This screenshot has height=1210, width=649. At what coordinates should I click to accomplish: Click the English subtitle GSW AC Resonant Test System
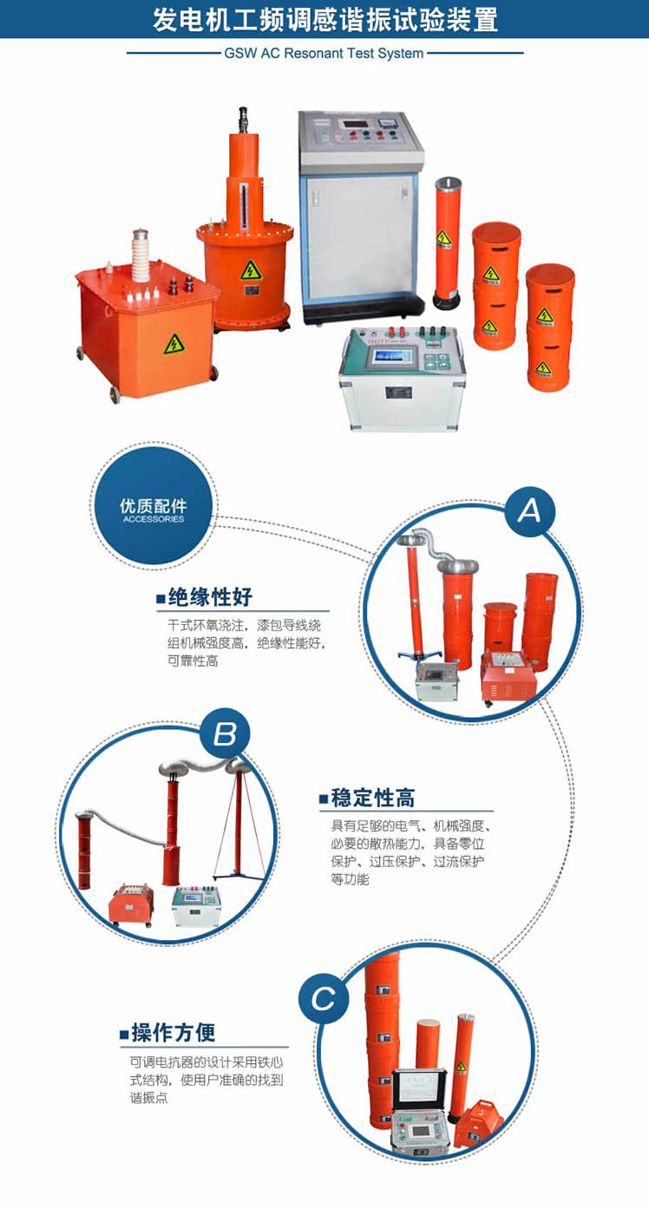click(324, 54)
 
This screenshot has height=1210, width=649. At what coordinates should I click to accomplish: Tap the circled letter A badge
click(529, 510)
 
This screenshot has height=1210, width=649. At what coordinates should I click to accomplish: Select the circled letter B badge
click(225, 734)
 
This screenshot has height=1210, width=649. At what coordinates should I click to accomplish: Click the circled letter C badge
click(324, 998)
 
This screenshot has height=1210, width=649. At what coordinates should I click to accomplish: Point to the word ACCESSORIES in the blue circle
click(154, 519)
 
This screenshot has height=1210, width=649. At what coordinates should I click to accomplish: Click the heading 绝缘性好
click(210, 597)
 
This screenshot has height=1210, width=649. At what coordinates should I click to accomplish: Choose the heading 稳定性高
click(373, 798)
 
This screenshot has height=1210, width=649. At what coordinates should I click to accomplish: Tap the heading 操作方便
click(174, 1033)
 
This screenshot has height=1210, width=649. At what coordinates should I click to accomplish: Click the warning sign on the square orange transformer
click(174, 344)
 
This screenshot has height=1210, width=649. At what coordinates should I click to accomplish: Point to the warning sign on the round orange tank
click(251, 270)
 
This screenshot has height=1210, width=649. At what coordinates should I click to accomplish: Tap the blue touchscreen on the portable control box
click(394, 358)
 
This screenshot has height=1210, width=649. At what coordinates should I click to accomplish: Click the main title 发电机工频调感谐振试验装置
click(325, 20)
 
